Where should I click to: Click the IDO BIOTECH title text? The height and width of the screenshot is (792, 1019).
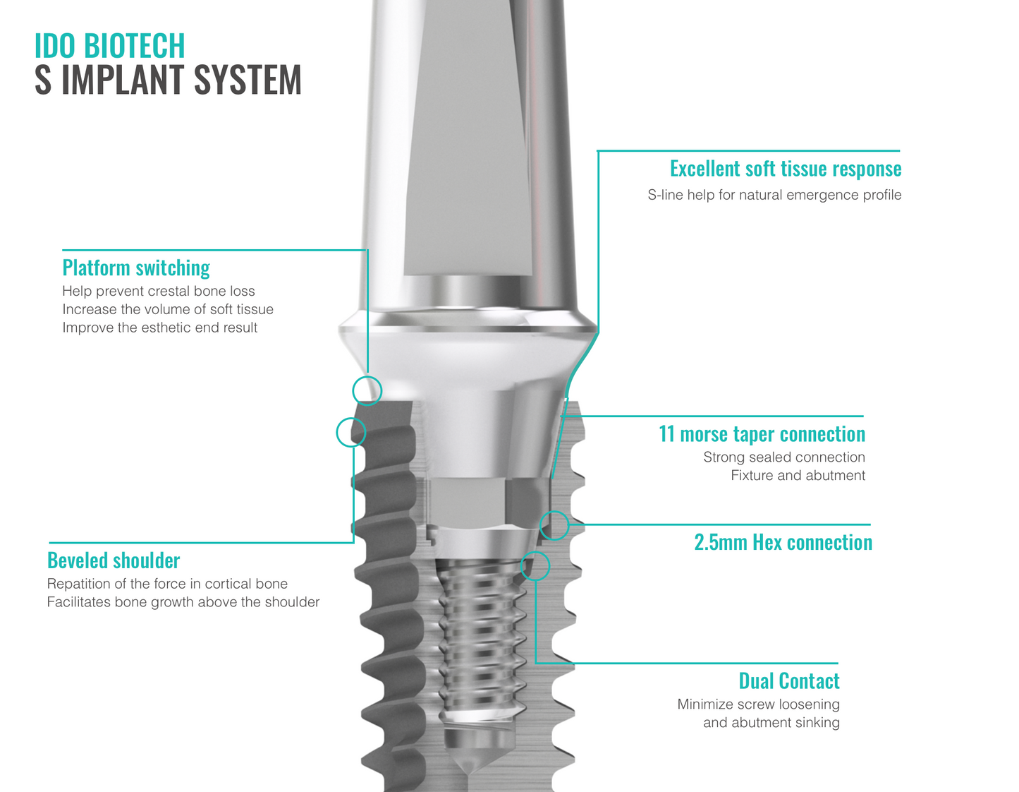(109, 46)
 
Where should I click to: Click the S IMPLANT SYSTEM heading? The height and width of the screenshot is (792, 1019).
(168, 80)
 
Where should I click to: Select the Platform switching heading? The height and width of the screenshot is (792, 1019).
(136, 268)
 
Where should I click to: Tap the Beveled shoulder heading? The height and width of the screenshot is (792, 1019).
(114, 560)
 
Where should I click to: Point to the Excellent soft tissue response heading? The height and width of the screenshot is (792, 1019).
(785, 169)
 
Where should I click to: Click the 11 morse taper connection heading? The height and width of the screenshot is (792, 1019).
(762, 434)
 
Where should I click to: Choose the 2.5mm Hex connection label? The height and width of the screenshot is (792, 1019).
(783, 542)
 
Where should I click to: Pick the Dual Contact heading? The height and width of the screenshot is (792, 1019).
(788, 681)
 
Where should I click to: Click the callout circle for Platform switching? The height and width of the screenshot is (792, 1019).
(367, 390)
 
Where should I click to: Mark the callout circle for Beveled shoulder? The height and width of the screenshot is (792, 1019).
(351, 432)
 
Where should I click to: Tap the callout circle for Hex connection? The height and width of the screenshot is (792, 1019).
(554, 525)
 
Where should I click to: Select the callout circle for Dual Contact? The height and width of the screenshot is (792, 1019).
(535, 565)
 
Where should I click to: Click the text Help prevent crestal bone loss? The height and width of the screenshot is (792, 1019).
(159, 292)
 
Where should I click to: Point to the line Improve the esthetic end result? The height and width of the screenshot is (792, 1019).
(160, 328)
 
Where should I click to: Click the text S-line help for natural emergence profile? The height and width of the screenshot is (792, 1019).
(774, 195)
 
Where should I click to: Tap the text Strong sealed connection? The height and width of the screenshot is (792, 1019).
(783, 457)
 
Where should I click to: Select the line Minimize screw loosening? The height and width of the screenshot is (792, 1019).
(758, 704)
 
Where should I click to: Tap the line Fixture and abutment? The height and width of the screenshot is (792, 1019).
(798, 476)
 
